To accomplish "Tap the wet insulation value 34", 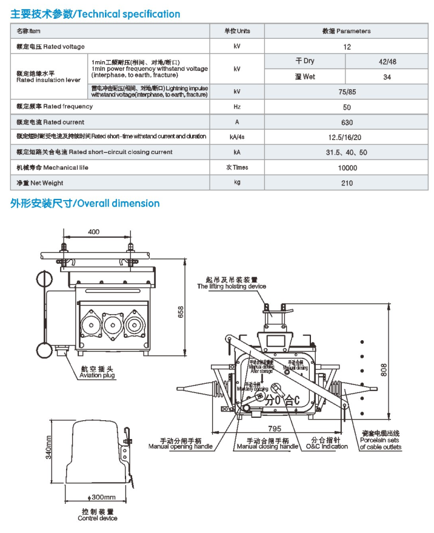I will pyautogui.click(x=387, y=77).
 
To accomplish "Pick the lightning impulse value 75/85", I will pyautogui.click(x=346, y=92).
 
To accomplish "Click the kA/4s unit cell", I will pyautogui.click(x=237, y=137).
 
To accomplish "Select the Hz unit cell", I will pyautogui.click(x=237, y=107).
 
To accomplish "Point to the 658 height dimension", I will pyautogui.click(x=179, y=312).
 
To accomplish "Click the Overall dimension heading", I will pyautogui.click(x=85, y=203).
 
